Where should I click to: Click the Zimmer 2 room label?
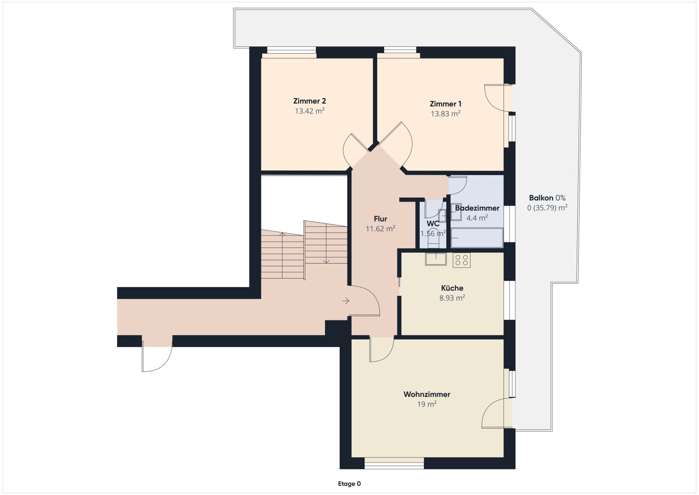309,101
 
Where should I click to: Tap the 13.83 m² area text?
445,114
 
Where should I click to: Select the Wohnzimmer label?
427,394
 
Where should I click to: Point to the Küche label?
452,288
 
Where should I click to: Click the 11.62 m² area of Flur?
380,228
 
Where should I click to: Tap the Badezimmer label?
477,208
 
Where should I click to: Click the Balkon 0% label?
547,198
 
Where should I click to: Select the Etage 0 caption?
350,484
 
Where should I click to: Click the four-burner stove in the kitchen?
461,260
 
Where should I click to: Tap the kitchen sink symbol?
436,259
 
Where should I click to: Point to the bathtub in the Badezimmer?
477,238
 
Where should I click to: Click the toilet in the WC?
433,239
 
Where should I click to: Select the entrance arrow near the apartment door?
346,301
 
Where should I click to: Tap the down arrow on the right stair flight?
326,244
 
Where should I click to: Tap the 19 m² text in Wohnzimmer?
427,404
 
